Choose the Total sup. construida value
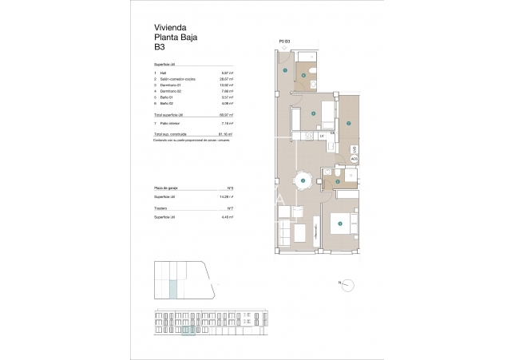point(226,134)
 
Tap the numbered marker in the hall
point(285,71)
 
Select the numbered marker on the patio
point(349,123)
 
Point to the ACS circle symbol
point(354,159)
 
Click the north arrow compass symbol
point(348,283)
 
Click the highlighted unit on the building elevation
point(188,330)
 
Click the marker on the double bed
point(340,224)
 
